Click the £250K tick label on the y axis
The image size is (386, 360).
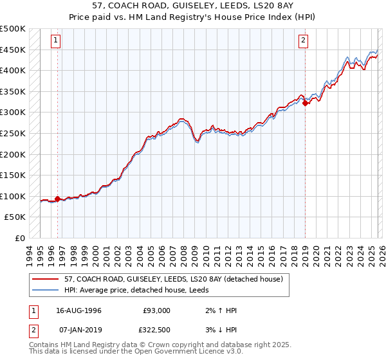pos(13,133)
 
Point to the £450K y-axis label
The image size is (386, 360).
pos(13,50)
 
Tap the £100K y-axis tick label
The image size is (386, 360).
pos(13,196)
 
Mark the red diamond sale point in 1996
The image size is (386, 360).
pos(57,199)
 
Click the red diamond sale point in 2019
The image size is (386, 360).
pos(305,103)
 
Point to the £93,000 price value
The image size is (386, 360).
pos(156,310)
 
